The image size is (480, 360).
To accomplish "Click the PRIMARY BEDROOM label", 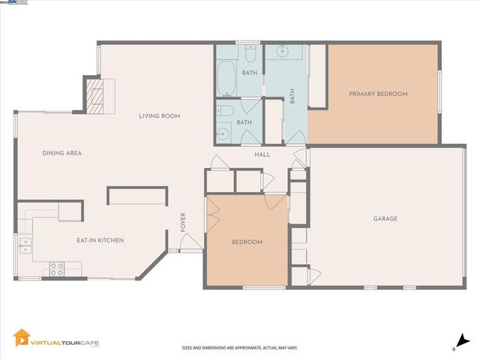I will click(x=378, y=94).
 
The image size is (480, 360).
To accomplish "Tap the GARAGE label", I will click(x=385, y=219).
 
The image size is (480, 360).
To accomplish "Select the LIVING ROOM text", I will click(x=159, y=116).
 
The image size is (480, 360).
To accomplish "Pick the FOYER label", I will click(x=182, y=222).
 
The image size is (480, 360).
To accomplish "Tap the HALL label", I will click(x=262, y=154).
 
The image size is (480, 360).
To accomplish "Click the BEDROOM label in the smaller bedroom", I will click(x=247, y=241).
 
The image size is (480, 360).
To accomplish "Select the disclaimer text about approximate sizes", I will click(x=240, y=348).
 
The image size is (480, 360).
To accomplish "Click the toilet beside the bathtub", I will click(x=250, y=54).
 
